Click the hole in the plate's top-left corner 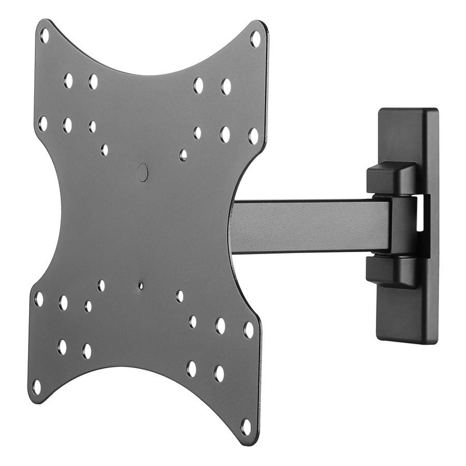[x=45, y=36]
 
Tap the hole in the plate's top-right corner [x=255, y=39]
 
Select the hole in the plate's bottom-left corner [x=36, y=386]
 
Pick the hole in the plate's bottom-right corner [x=245, y=427]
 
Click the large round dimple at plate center [x=142, y=172]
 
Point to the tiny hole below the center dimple [x=141, y=285]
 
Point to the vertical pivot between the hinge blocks [x=401, y=225]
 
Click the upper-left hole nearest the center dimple [x=104, y=150]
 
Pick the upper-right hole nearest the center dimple [x=183, y=155]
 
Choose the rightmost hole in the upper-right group [x=253, y=136]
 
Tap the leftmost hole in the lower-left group [x=39, y=299]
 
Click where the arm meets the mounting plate [x=233, y=226]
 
